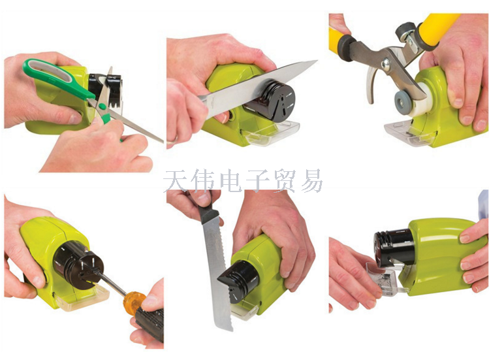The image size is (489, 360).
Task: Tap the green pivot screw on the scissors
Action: (102, 106)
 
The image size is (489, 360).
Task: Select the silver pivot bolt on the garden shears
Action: (386, 63)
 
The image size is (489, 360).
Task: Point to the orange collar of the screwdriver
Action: (133, 301)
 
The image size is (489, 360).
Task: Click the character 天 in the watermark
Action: (175, 181)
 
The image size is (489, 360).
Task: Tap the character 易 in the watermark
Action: (311, 181)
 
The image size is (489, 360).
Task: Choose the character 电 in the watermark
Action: (230, 181)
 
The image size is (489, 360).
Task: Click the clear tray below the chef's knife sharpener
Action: (272, 133)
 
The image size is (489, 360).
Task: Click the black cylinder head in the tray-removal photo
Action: (394, 249)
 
